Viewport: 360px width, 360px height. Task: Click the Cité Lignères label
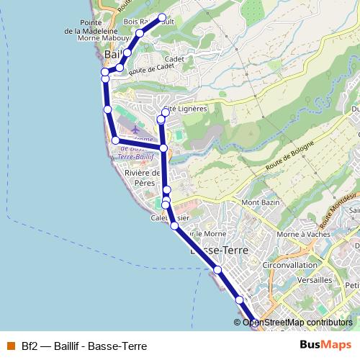[186, 109]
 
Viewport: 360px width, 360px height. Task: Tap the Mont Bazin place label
[259, 203]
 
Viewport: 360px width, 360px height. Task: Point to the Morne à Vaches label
[302, 234]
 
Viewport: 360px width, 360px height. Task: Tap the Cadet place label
[175, 60]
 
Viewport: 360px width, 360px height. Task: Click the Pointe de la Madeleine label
[91, 27]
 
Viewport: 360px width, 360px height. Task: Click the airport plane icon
[135, 128]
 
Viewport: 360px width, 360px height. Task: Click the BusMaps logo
[326, 345]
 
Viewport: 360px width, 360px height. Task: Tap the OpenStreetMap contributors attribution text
[297, 323]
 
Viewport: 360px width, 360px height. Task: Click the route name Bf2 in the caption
[29, 346]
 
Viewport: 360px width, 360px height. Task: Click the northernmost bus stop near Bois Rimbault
[162, 17]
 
